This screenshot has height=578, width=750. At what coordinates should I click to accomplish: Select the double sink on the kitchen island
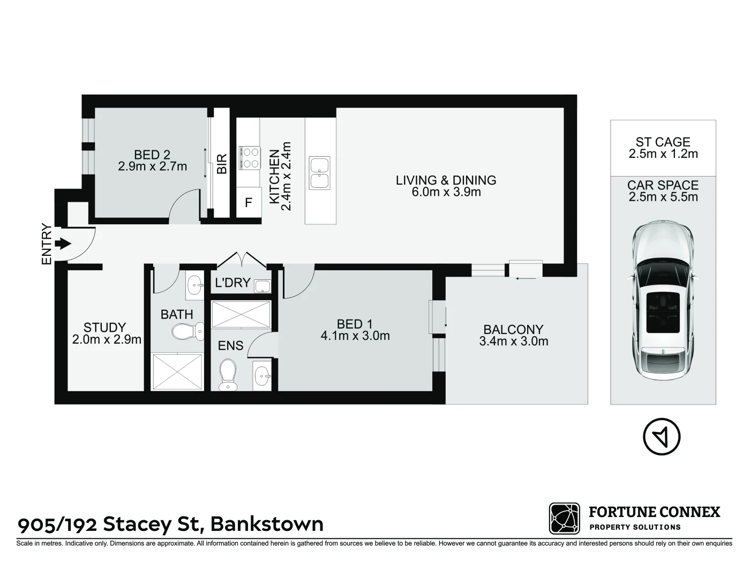tap(319, 173)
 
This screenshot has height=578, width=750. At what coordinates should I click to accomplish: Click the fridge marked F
tap(248, 203)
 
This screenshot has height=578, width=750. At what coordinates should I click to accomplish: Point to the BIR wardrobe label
tap(222, 164)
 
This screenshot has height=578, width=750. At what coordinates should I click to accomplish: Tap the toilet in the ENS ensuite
tap(229, 373)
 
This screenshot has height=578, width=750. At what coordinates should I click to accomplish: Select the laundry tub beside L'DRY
tap(262, 286)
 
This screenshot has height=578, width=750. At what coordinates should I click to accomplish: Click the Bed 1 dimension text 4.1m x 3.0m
tap(355, 336)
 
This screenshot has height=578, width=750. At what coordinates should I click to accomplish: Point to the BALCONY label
tap(513, 330)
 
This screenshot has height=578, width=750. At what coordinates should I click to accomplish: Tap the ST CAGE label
tap(663, 142)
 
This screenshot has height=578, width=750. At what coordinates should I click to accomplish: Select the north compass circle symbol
tap(662, 436)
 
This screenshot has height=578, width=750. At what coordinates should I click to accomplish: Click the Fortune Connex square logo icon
tap(564, 518)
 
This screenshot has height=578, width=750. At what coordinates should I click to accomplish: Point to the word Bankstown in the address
tap(266, 523)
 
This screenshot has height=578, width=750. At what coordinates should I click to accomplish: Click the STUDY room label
tap(104, 327)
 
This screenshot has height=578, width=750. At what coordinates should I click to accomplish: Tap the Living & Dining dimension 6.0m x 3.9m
tap(446, 192)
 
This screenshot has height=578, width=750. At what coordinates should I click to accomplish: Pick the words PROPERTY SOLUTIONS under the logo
tap(635, 527)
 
